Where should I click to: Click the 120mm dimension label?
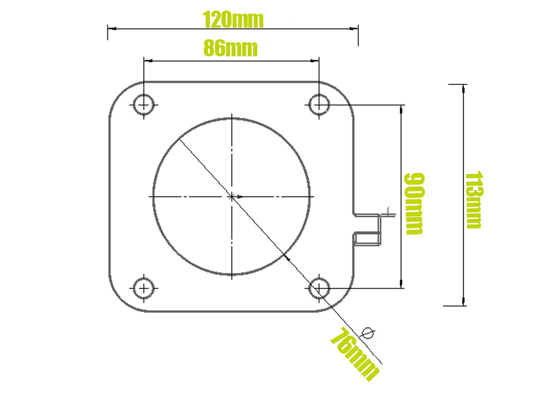pyautogui.click(x=233, y=20)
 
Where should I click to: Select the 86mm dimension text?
pyautogui.click(x=230, y=49)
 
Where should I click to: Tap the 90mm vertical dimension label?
pyautogui.click(x=414, y=203)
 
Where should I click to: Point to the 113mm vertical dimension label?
pyautogui.click(x=473, y=200)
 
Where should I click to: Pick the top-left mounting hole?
pyautogui.click(x=144, y=105)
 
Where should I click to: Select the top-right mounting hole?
pyautogui.click(x=319, y=105)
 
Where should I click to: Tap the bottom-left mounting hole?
pyautogui.click(x=144, y=288)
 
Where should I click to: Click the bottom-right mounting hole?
pyautogui.click(x=319, y=288)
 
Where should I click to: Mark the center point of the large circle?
pyautogui.click(x=231, y=196)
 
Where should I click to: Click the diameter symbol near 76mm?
pyautogui.click(x=369, y=333)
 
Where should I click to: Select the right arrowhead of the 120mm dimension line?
pyautogui.click(x=354, y=29)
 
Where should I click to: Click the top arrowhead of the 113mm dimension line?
pyautogui.click(x=463, y=89)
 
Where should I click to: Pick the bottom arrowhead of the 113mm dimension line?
pyautogui.click(x=463, y=301)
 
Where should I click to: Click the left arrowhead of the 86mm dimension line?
pyautogui.click(x=148, y=61)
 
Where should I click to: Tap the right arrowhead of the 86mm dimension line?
pyautogui.click(x=315, y=61)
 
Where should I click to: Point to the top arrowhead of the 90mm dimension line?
pyautogui.click(x=401, y=109)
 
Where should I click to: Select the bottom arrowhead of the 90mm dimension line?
pyautogui.click(x=401, y=284)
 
